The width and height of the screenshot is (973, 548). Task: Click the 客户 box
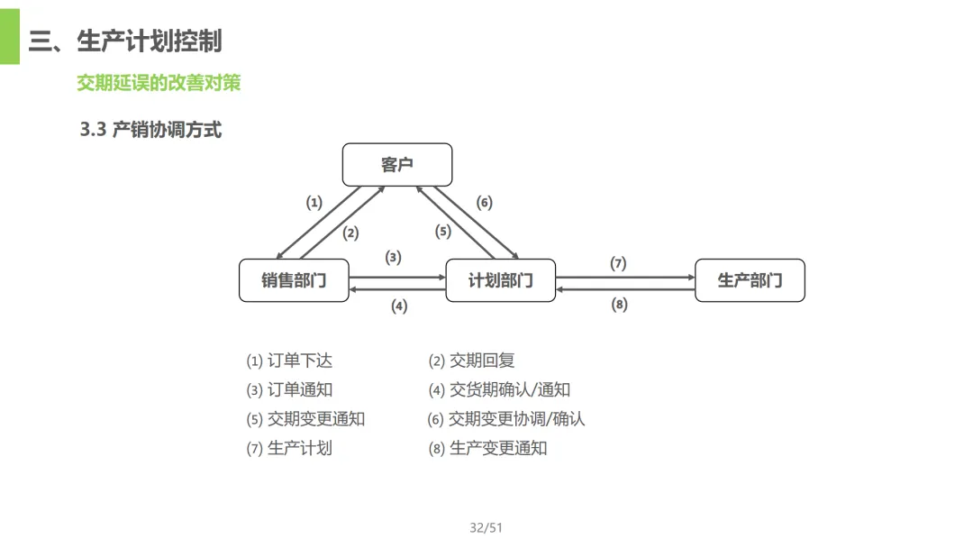pos(396,165)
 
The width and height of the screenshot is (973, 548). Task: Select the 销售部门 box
pos(294,280)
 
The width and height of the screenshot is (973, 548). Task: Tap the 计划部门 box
pos(501,280)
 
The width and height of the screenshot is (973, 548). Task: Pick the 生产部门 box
pos(750,280)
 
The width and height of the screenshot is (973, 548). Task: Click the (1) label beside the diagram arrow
pos(314,203)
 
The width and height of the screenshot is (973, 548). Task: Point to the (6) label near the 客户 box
pos(485,203)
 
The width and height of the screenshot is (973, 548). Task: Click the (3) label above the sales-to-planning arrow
pos(394,258)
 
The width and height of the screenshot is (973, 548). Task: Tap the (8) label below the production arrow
pos(619,305)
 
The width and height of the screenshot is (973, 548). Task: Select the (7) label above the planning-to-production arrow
pos(618,264)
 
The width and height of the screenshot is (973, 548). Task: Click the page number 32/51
pos(486,528)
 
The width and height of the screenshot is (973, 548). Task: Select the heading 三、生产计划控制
pos(125,41)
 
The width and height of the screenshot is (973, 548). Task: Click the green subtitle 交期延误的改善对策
pos(159,83)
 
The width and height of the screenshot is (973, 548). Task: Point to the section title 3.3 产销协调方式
pos(150,130)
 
